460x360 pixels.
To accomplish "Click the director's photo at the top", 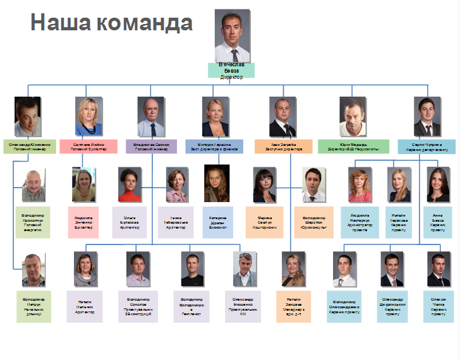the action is point(232,35).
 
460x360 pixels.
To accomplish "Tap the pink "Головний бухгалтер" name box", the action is point(90,147).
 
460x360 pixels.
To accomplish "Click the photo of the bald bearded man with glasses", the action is point(150,117).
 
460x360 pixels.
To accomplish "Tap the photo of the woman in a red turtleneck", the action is point(130,184).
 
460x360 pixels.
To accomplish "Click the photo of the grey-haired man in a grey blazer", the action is point(244,270).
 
